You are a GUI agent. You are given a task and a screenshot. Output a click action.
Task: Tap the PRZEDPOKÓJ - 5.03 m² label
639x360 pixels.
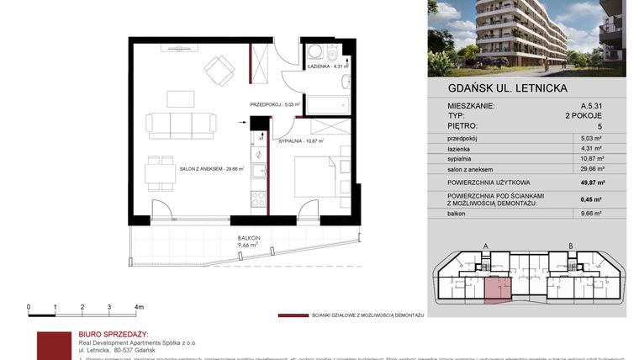click(274, 105)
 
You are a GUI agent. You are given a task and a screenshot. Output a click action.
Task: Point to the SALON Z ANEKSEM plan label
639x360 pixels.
click(211, 169)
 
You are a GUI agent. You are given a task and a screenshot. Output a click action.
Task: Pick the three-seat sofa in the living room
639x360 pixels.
click(181, 124)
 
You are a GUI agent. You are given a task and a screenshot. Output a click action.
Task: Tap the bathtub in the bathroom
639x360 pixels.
click(327, 105)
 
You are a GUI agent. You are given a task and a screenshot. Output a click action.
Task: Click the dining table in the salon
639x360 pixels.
click(160, 174)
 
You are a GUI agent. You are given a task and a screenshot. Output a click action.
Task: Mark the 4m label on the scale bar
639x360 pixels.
click(139, 307)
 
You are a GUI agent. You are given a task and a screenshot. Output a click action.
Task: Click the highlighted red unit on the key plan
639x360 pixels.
click(496, 289)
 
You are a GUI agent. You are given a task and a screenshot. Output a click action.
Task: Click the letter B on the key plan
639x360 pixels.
click(571, 246)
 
